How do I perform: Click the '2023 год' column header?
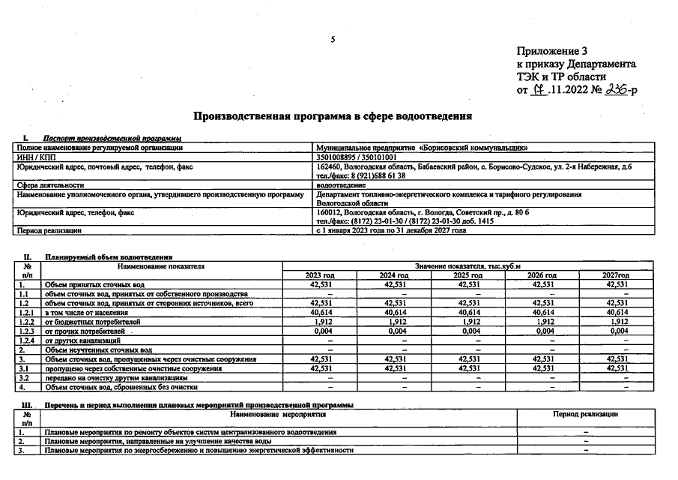coord(320,275)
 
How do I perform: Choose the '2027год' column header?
coord(617,275)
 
